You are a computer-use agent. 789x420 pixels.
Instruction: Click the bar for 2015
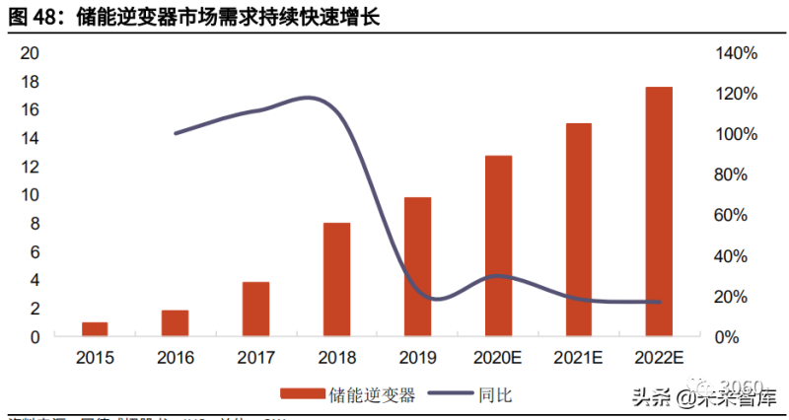click(x=95, y=329)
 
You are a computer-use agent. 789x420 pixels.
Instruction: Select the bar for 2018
click(x=337, y=280)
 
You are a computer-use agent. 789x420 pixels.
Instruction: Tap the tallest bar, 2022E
click(x=659, y=212)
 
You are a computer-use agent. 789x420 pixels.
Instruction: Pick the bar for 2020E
click(x=498, y=246)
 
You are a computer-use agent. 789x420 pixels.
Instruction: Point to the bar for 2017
click(x=256, y=310)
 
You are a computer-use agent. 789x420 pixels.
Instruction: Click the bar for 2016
click(x=176, y=323)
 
